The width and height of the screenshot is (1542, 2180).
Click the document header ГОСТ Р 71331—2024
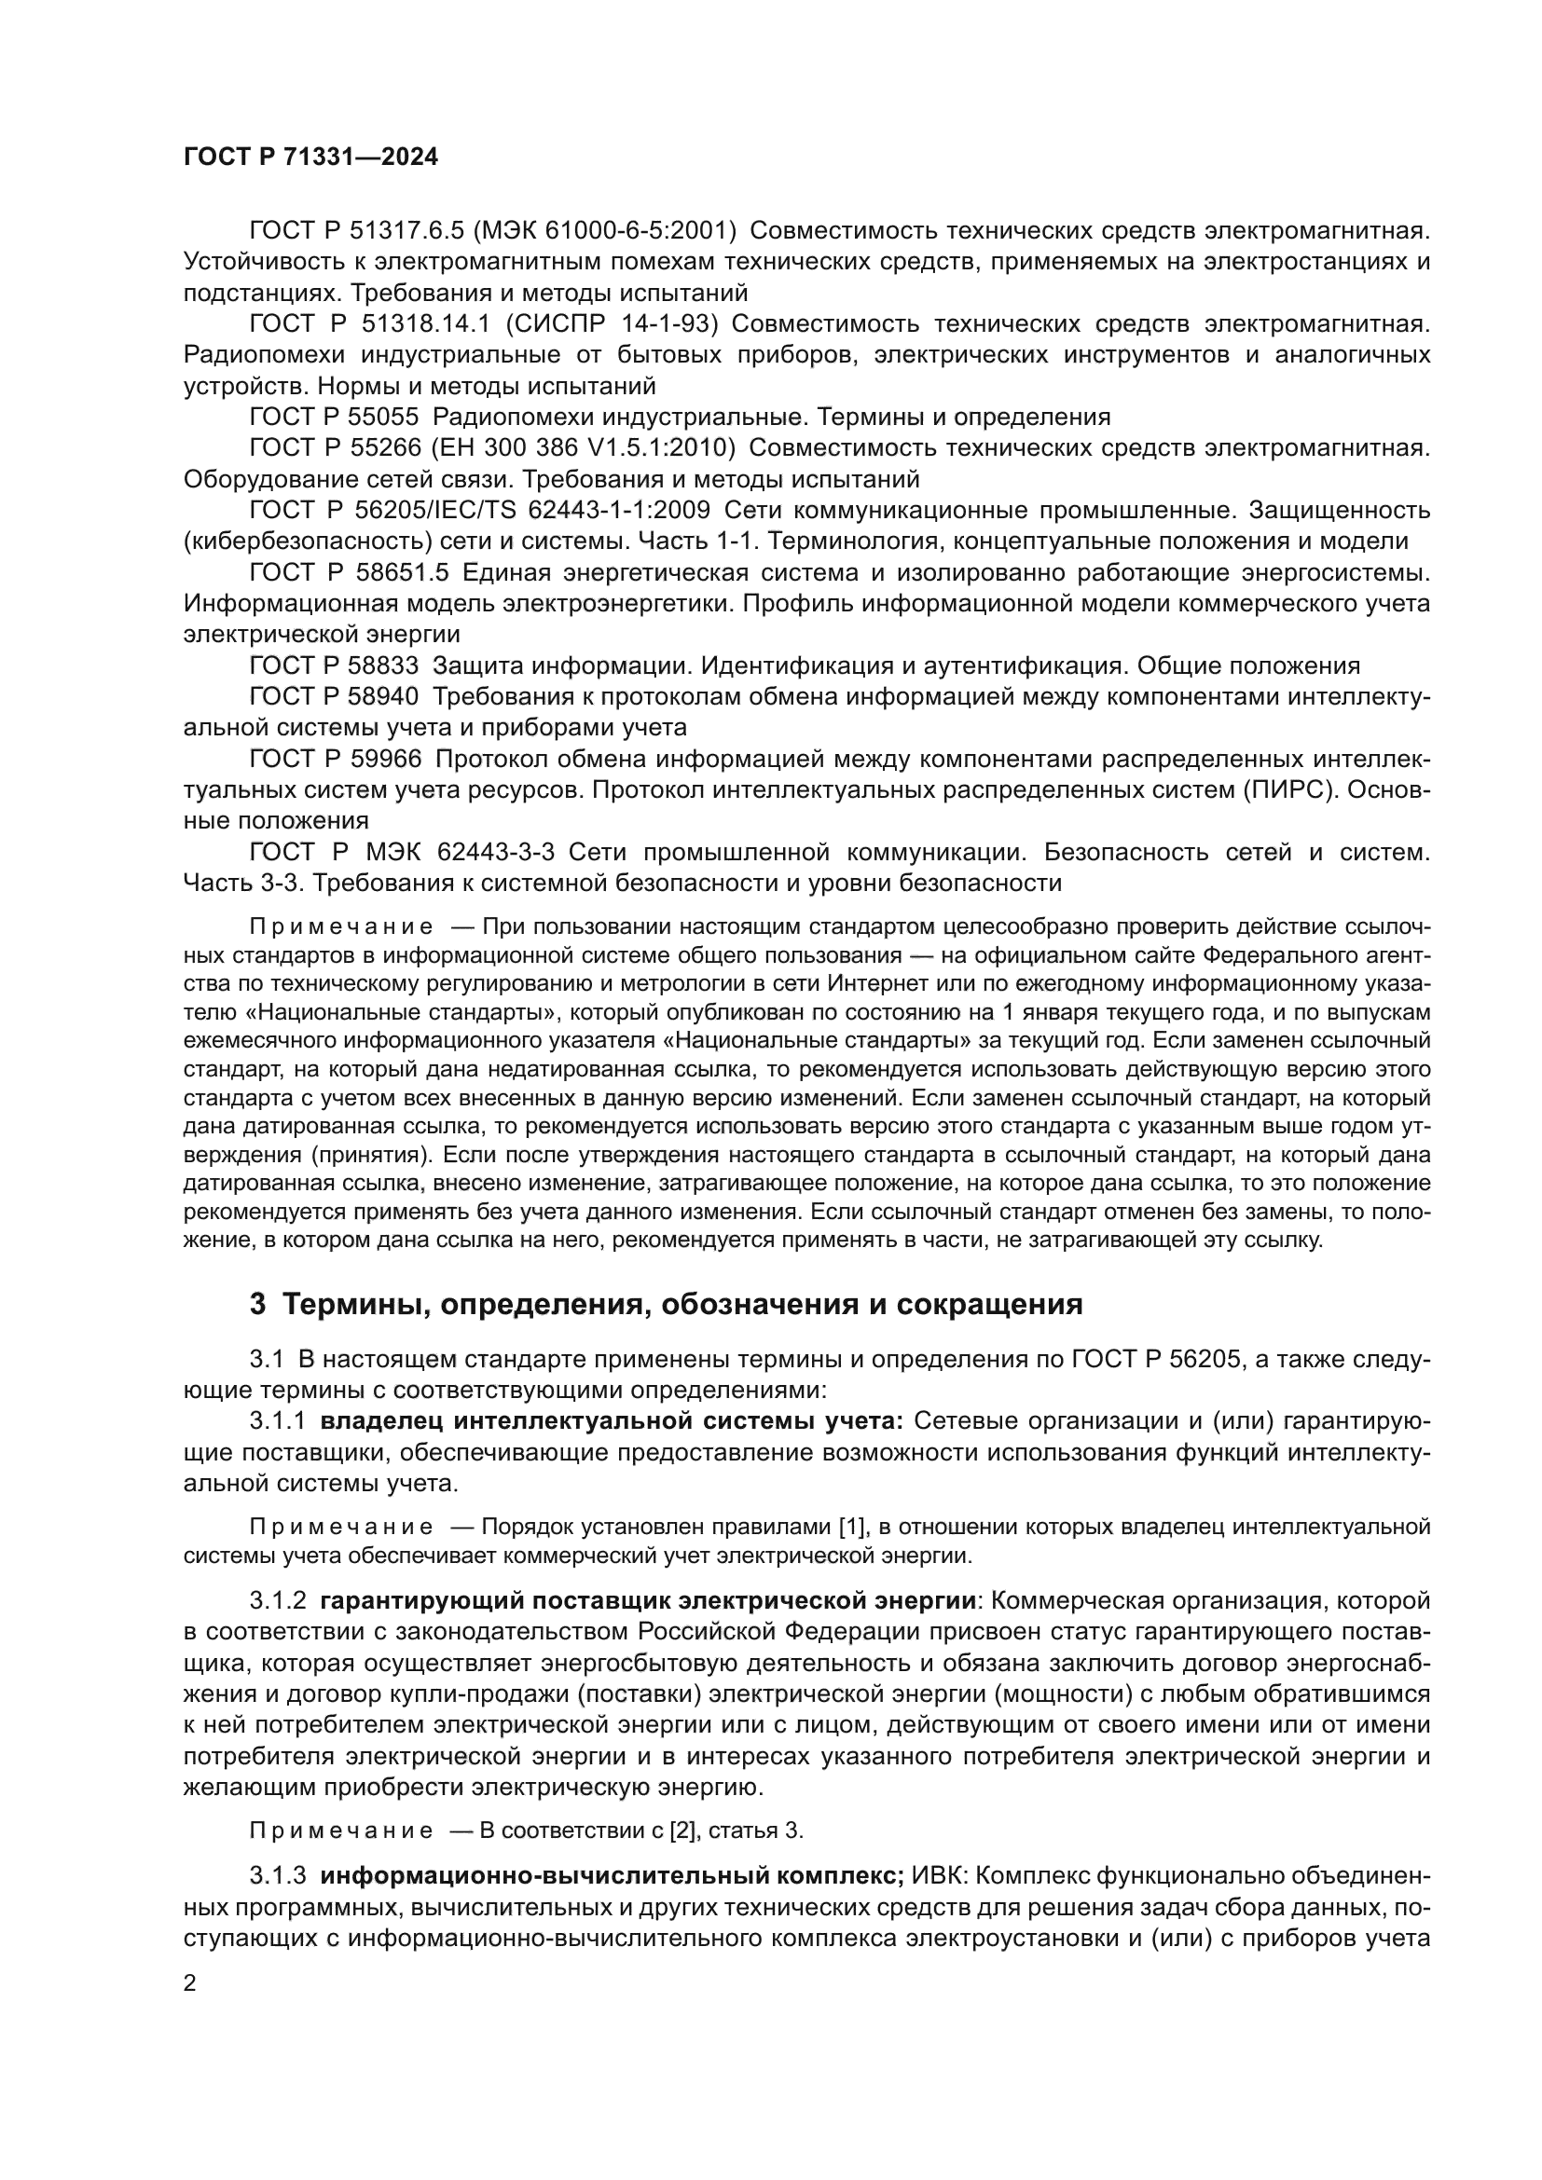[x=310, y=158]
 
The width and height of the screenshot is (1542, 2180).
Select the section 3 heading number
[x=257, y=1305]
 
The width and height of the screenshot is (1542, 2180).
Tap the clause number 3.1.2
[x=277, y=1601]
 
